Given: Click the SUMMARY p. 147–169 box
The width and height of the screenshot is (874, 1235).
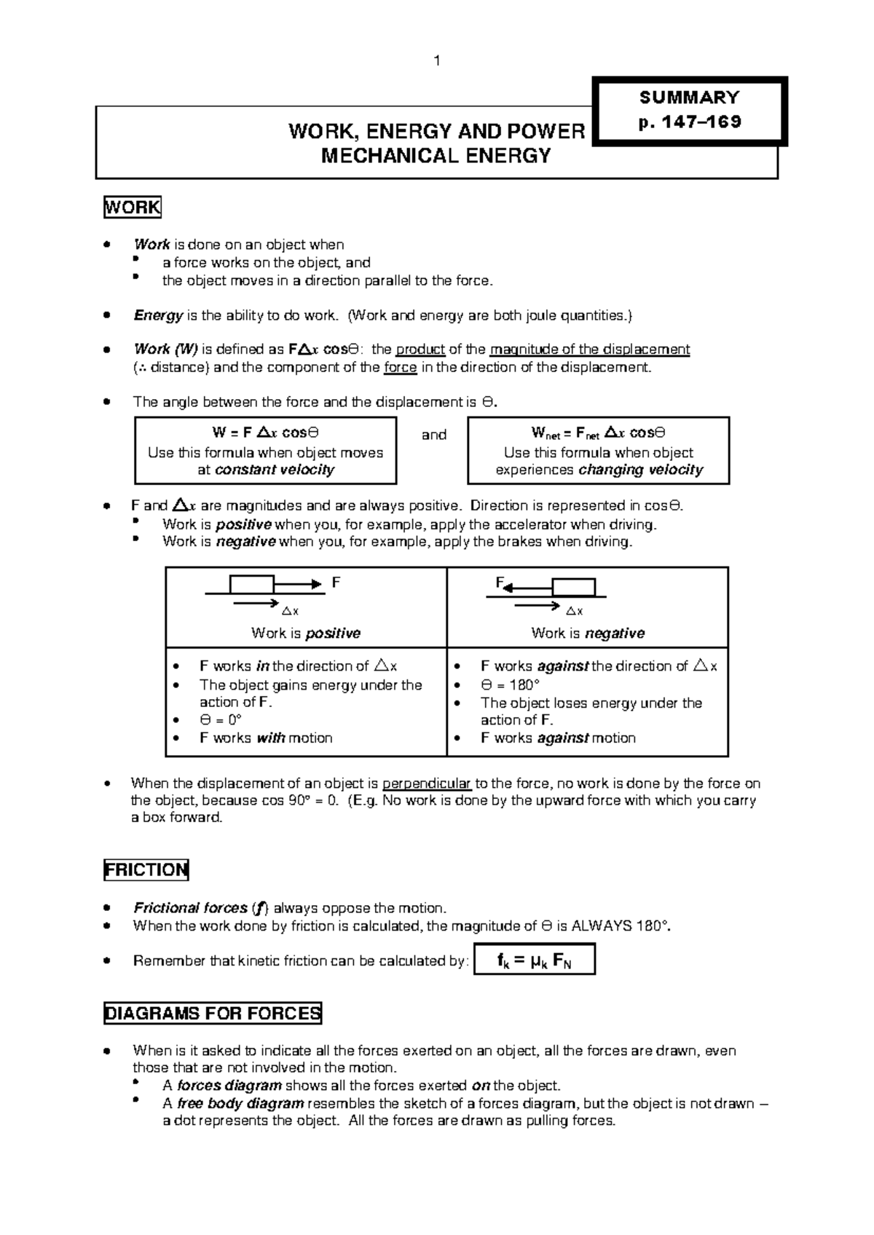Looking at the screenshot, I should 689,110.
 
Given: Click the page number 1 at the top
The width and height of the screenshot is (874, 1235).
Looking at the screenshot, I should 436,62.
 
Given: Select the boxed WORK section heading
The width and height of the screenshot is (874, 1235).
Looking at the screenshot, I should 132,208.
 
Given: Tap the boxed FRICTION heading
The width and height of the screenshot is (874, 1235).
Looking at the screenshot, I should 146,869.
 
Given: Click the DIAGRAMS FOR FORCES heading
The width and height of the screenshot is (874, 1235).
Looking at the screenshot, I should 213,1013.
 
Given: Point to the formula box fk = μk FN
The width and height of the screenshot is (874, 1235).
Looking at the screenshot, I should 534,960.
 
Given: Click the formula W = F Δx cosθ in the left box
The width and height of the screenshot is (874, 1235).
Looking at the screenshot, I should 265,433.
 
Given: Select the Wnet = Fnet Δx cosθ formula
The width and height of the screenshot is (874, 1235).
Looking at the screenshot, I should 598,433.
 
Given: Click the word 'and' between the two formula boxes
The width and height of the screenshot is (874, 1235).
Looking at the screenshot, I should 433,435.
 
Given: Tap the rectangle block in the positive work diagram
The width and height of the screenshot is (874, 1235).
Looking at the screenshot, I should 251,584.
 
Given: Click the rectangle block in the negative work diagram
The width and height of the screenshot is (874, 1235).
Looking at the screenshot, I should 573,587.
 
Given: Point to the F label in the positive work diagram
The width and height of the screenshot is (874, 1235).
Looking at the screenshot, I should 336,583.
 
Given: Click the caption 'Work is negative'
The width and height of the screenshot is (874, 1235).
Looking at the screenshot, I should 587,633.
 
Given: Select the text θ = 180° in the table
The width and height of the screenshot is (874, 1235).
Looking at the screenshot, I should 510,684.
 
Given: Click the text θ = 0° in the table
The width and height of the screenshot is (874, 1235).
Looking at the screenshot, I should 220,719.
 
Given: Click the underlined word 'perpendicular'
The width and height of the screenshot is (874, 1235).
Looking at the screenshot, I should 427,784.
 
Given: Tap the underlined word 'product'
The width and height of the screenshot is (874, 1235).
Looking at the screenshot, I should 420,349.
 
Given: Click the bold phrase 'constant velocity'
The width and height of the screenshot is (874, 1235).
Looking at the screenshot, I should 275,470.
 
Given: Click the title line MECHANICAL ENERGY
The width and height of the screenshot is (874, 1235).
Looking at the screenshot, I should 436,156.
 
